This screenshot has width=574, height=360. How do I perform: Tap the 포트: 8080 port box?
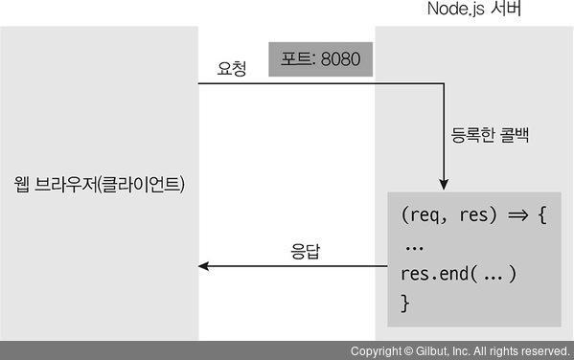click(x=320, y=59)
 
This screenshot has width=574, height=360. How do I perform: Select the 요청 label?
click(x=231, y=69)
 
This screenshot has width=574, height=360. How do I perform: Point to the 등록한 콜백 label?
click(x=490, y=135)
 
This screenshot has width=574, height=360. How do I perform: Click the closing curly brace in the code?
click(x=404, y=303)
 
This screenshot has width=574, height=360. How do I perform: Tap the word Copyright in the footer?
click(x=375, y=351)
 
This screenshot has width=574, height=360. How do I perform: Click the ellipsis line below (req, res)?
click(x=415, y=246)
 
